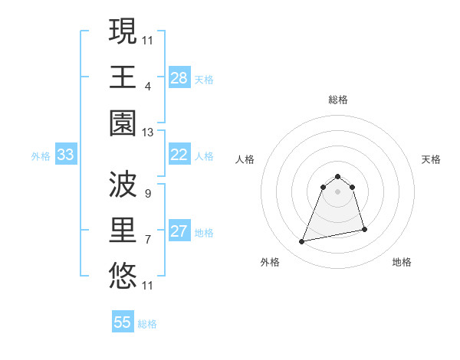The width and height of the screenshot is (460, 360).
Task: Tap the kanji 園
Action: coord(123,123)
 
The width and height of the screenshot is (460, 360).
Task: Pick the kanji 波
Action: coord(123,184)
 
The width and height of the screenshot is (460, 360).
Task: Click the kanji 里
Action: coord(123,230)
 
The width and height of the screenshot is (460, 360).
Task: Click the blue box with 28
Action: coord(179,78)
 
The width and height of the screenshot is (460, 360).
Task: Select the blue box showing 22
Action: coord(179,155)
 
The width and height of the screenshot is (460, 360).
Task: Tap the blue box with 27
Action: coord(179,232)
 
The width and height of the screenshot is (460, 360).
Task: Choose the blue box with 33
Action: coord(66,155)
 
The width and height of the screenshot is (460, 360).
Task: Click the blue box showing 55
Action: coord(123,322)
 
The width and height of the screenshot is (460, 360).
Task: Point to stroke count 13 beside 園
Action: coord(148,133)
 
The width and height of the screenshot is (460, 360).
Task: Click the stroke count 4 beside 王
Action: coord(148,86)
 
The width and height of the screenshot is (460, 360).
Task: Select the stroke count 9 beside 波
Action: coord(148,193)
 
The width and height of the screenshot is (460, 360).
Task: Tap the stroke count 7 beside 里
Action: coord(148,240)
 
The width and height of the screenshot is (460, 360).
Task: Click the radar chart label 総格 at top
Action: coord(338,100)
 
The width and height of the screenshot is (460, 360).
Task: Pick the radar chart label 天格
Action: coord(431,159)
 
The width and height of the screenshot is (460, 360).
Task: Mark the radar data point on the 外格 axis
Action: coord(302,242)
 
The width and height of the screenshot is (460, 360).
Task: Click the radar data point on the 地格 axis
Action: coord(364,229)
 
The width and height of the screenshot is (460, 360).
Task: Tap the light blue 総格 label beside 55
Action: coord(147,323)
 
